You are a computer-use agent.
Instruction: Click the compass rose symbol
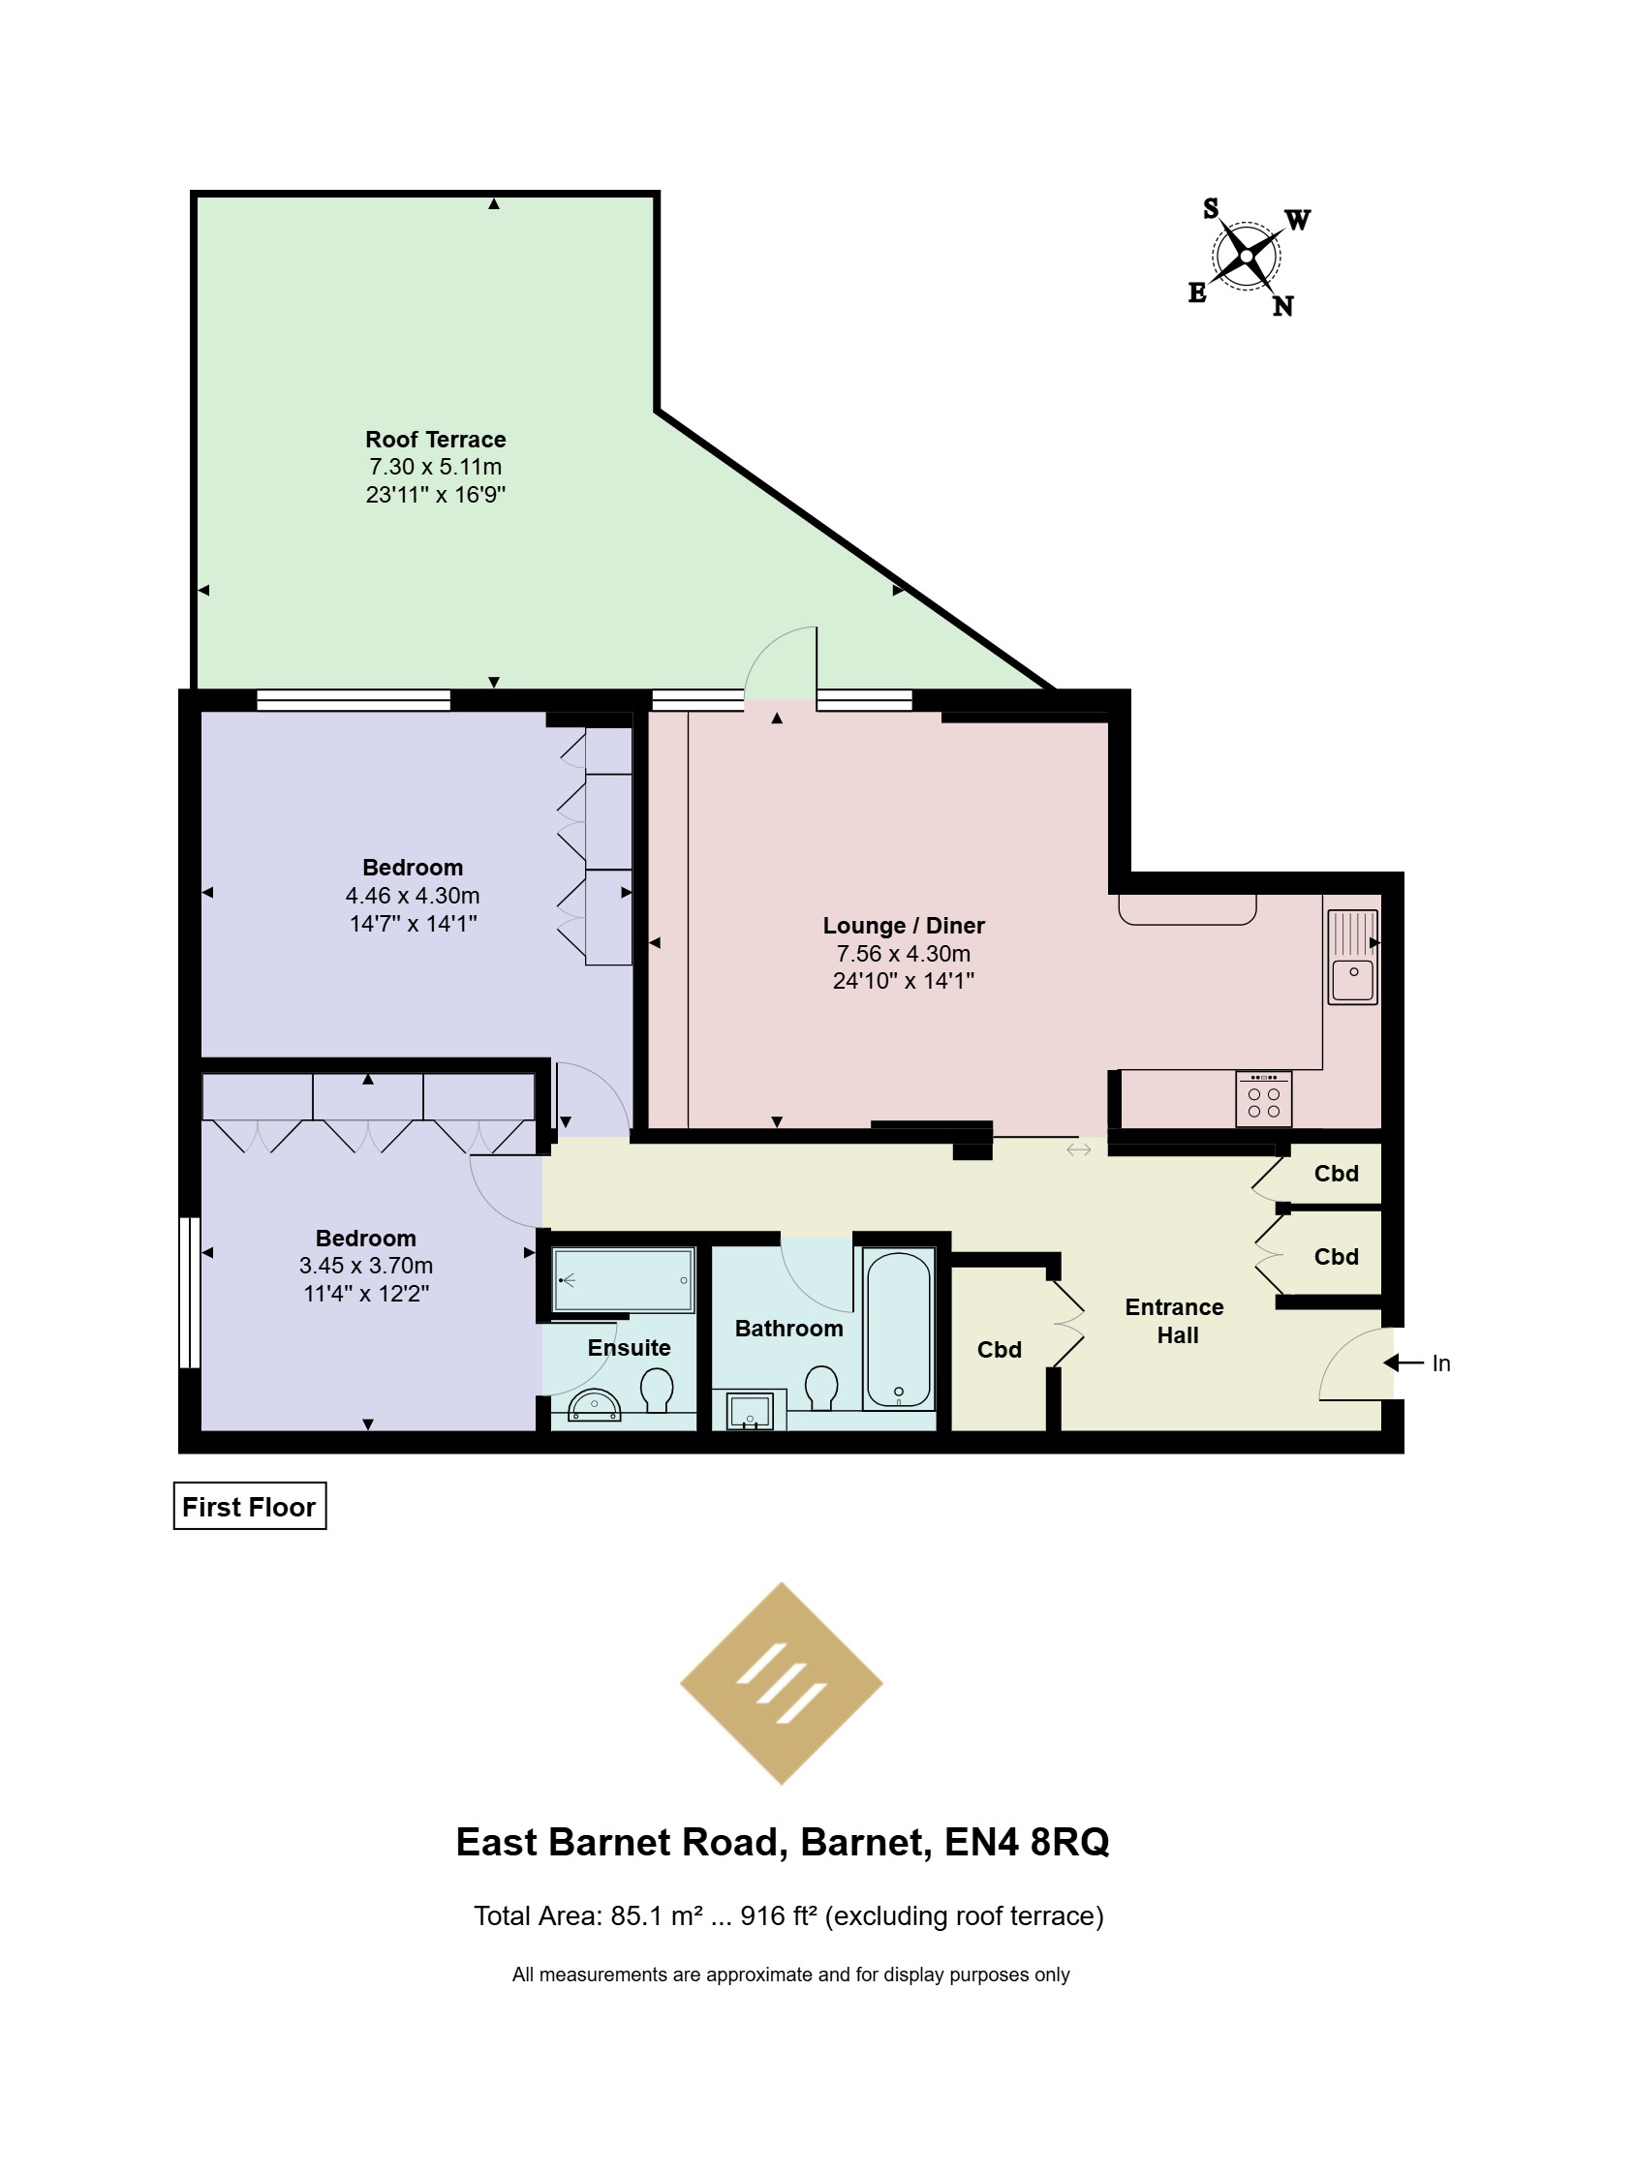1247,257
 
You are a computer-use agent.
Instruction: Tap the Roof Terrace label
436,440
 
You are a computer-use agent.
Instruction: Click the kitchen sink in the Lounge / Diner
1353,957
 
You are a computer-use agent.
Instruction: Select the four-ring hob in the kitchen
1263,1099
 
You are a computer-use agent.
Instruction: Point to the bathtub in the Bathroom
898,1329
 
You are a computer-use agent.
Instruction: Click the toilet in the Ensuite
657,1390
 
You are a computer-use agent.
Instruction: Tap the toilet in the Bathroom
821,1387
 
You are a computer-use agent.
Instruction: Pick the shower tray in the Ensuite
624,1279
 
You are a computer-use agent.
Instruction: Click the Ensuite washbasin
595,1405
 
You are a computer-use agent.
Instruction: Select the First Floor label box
250,1506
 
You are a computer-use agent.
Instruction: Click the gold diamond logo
782,1684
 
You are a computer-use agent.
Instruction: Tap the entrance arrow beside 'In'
1403,1363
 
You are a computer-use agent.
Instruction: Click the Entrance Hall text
1175,1321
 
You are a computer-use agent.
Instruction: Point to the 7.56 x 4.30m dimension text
904,953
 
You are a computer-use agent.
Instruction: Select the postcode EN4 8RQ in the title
1027,1842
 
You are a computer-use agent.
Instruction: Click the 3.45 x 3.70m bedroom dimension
366,1266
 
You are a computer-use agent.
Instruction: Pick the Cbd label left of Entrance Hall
1000,1350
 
